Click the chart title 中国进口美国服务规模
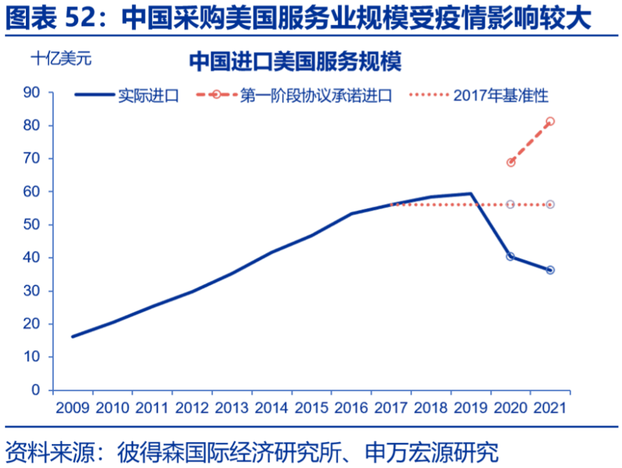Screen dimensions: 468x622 295,62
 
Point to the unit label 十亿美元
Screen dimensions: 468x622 62,58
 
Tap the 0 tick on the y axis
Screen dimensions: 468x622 36,390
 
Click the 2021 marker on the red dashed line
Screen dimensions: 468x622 550,121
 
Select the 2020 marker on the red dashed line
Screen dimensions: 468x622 511,162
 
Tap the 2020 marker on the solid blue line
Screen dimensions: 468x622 511,257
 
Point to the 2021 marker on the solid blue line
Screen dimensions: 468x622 550,270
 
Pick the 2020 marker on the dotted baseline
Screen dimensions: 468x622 511,204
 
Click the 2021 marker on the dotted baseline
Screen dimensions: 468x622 550,204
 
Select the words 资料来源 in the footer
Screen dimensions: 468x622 49,450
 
